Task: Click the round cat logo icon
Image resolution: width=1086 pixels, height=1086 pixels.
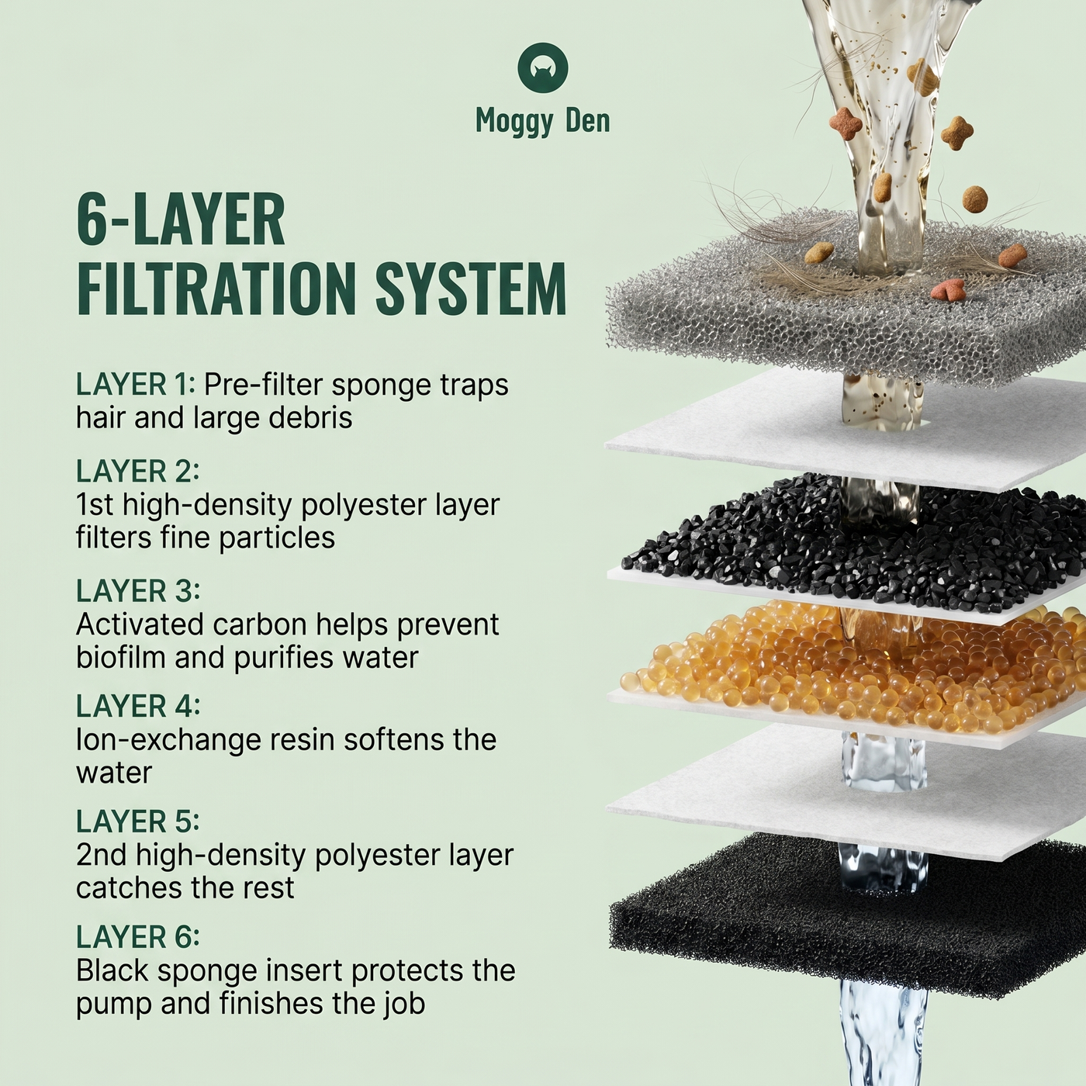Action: (543, 67)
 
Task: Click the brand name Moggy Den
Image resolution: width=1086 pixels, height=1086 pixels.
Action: (543, 121)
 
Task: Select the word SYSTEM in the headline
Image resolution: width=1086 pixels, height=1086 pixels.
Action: (471, 289)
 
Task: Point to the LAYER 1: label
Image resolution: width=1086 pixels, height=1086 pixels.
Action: (135, 385)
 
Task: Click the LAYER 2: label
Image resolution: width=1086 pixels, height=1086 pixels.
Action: (137, 471)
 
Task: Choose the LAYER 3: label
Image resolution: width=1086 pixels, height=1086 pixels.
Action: (137, 590)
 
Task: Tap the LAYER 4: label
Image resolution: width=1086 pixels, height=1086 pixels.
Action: (137, 706)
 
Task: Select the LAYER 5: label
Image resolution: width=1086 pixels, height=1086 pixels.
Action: (137, 821)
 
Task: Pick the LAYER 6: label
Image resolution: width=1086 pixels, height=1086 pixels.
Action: (137, 937)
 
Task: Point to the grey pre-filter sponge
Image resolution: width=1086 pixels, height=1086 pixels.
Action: (846, 304)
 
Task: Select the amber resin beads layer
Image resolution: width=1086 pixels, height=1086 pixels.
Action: (846, 665)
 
